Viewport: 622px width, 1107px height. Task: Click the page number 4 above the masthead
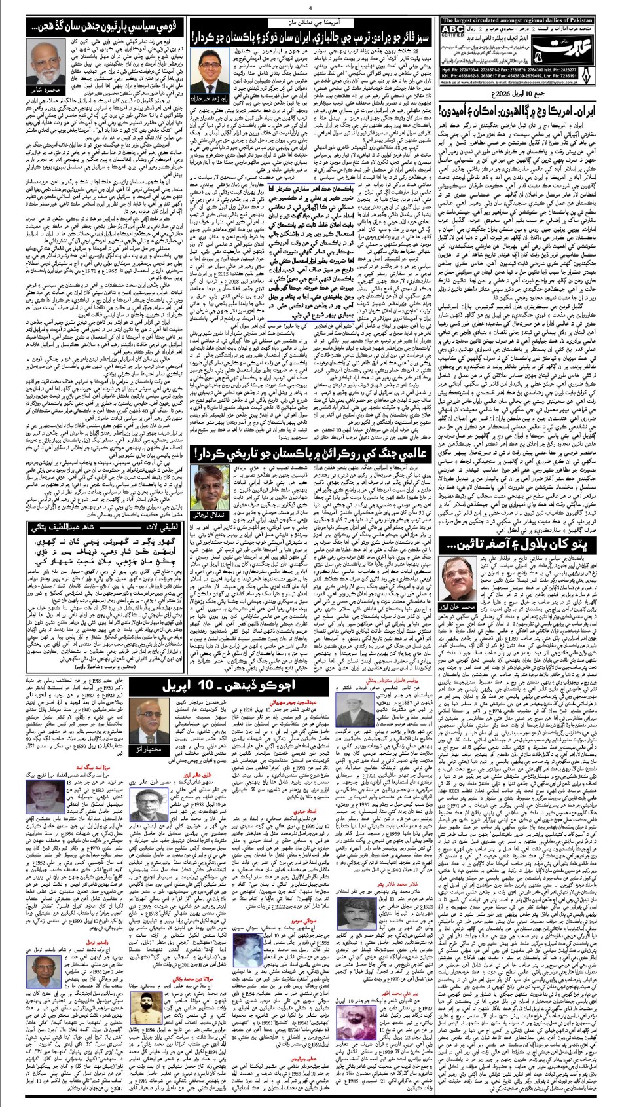coord(310,9)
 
